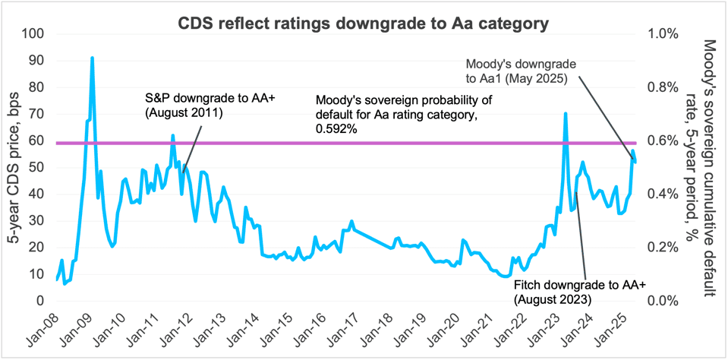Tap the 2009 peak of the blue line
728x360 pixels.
tap(92, 58)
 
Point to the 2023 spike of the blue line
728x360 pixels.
tap(566, 114)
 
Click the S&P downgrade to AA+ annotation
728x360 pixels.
tap(189, 106)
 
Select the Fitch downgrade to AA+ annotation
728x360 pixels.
tap(579, 292)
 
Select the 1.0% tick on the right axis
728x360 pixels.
tap(660, 34)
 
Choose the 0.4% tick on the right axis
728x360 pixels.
tap(660, 194)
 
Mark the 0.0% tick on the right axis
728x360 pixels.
tap(660, 301)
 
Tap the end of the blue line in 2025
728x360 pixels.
tap(635, 162)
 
